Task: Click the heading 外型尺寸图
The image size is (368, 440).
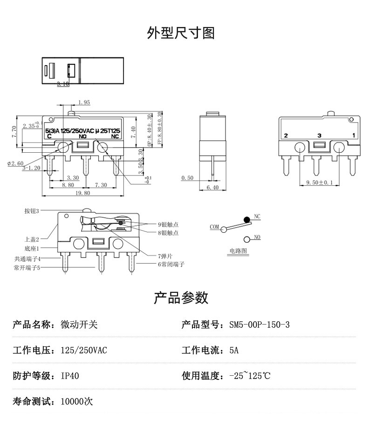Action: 181,33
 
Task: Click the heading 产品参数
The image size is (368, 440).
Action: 181,298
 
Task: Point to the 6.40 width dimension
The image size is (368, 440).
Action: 212,187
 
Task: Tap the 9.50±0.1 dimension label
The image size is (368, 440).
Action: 320,183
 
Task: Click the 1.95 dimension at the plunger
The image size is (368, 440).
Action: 84,102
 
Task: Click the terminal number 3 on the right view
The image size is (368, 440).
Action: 319,135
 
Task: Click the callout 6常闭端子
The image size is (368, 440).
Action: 170,264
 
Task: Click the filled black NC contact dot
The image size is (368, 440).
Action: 246,219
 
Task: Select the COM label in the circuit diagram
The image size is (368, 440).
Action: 214,227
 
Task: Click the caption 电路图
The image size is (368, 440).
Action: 238,250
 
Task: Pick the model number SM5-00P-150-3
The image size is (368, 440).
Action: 259,325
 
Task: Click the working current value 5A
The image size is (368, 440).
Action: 234,350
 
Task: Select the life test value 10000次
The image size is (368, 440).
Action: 77,401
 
